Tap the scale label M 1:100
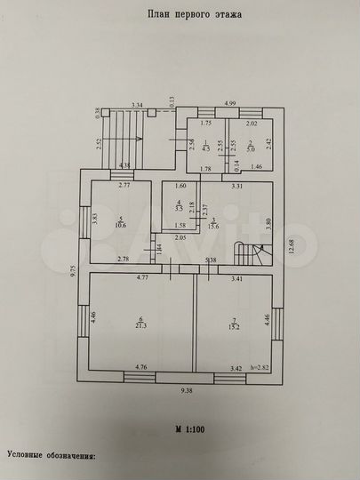point(189,429)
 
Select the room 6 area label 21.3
point(140,325)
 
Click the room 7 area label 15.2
point(235,325)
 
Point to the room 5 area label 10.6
point(119,225)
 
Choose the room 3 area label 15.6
point(215,226)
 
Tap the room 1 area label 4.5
point(204,148)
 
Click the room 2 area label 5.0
point(252,148)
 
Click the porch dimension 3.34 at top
point(137,105)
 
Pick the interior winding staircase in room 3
point(247,253)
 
